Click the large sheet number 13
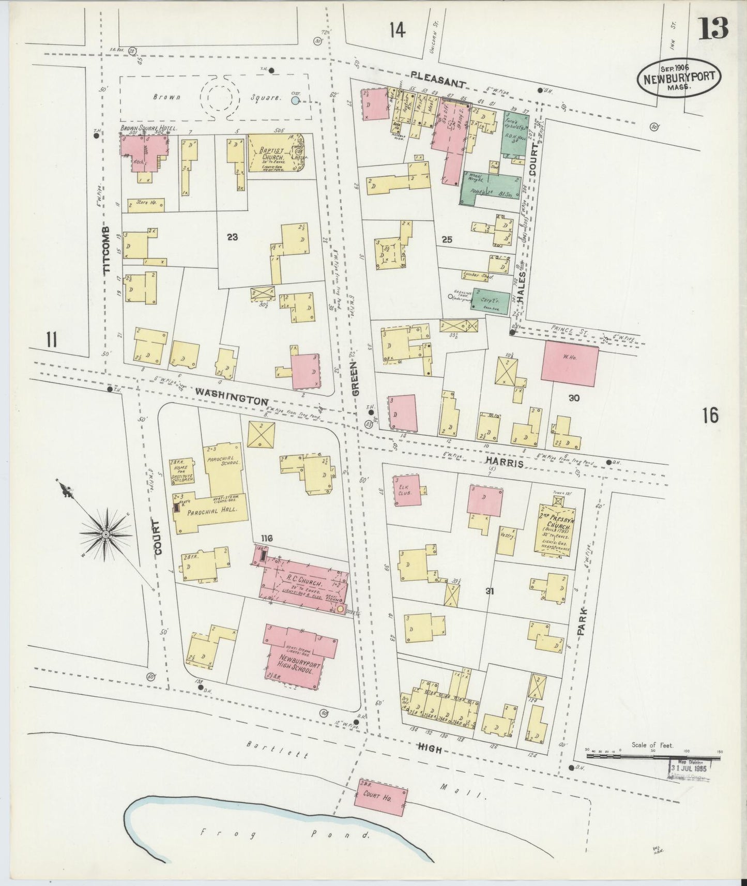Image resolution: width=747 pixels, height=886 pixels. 714,28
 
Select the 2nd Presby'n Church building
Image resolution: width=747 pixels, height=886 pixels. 553,530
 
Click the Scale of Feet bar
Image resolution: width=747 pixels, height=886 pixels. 653,756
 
